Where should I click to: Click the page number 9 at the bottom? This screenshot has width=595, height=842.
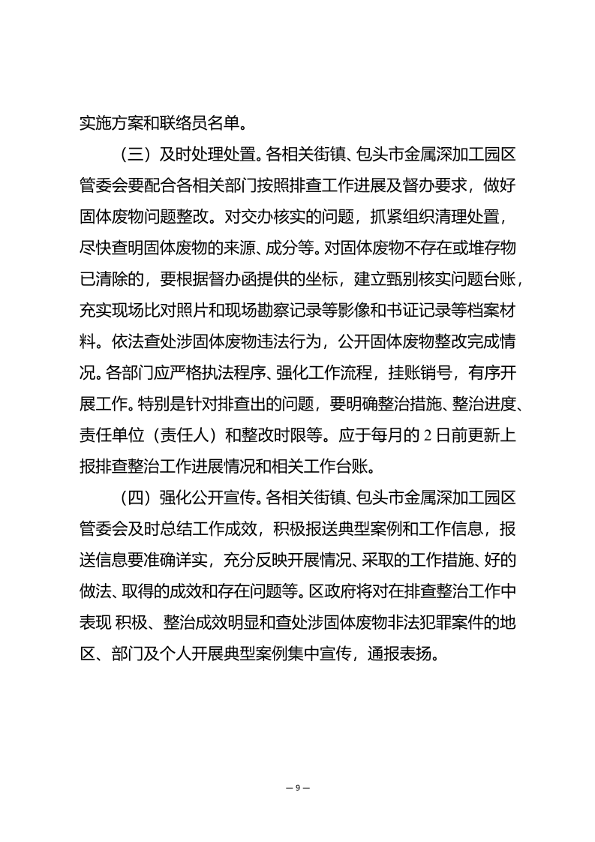coord(298,787)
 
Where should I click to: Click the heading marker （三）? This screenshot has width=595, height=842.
coord(135,155)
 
